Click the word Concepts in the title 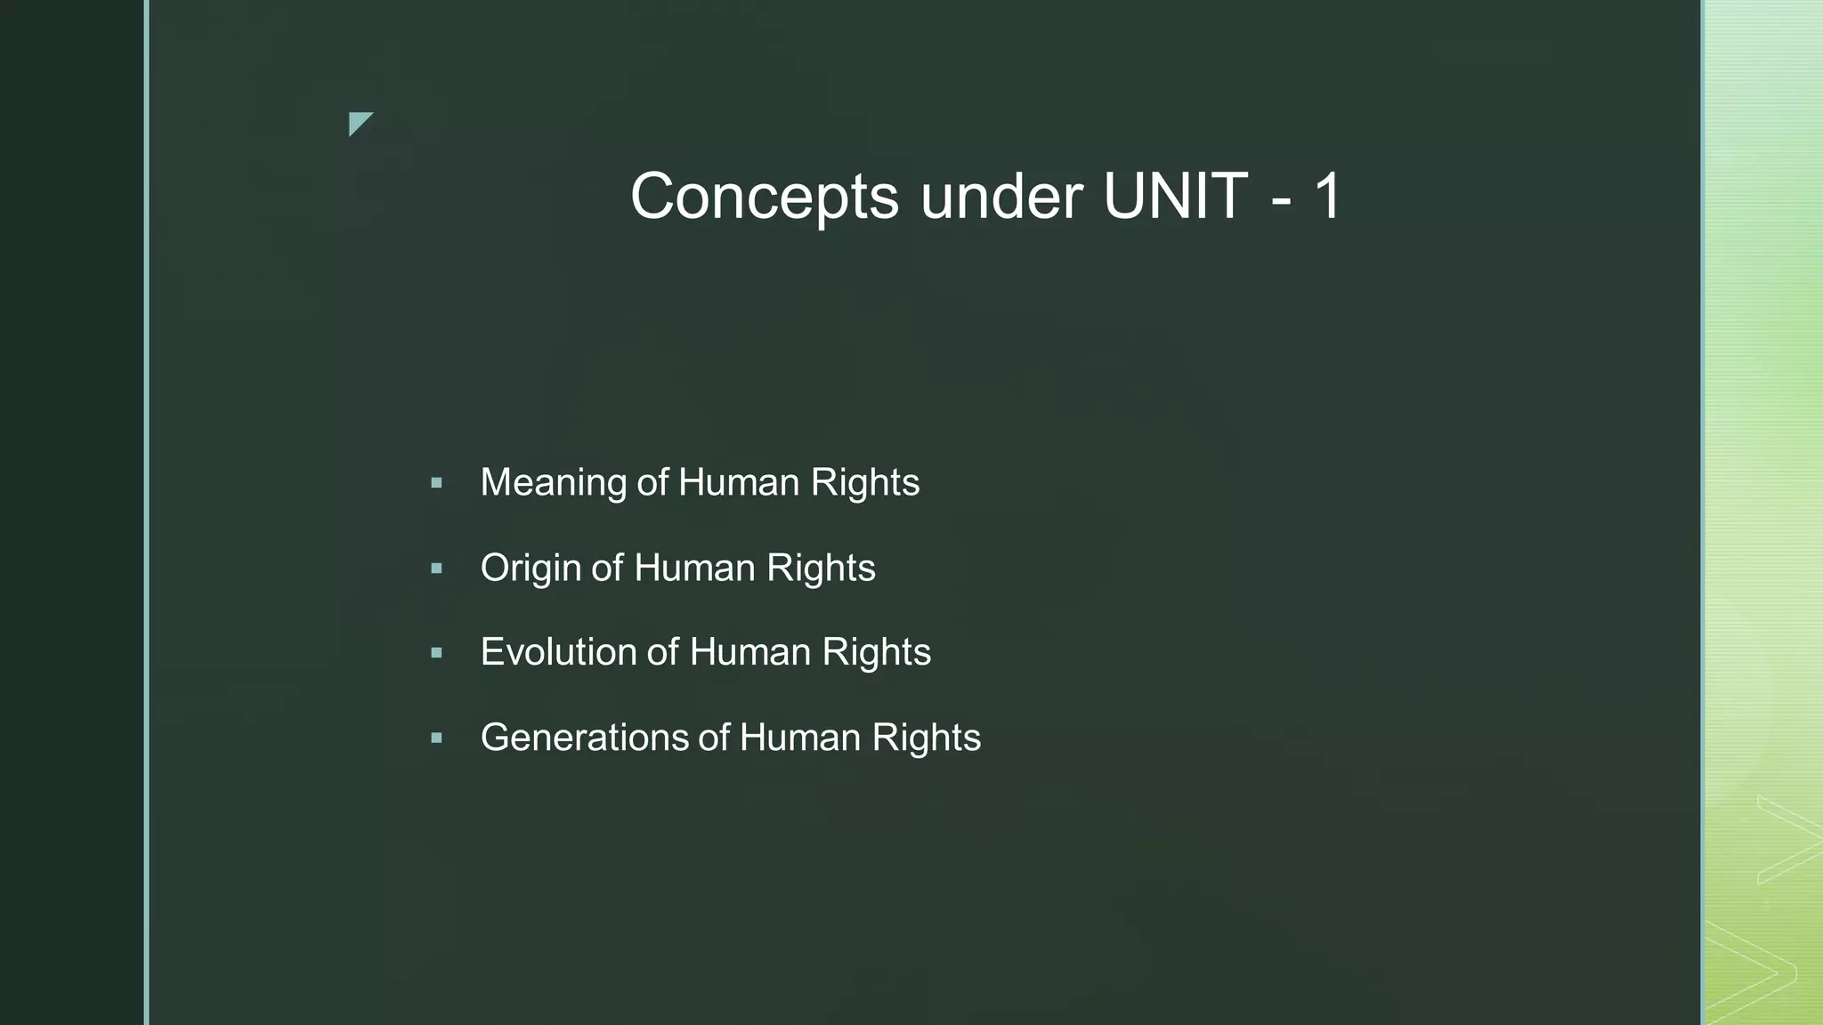[765, 197]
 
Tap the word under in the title [1001, 197]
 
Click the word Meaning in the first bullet [553, 483]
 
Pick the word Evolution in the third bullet [558, 652]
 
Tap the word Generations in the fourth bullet [584, 738]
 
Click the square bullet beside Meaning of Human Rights [436, 483]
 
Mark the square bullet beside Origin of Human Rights [436, 569]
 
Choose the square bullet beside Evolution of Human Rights [436, 652]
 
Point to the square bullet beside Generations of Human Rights [436, 738]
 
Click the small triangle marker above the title [359, 123]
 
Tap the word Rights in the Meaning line [864, 483]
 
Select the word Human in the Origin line [694, 569]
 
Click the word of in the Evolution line [662, 652]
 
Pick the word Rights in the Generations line [926, 738]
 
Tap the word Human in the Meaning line [739, 483]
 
